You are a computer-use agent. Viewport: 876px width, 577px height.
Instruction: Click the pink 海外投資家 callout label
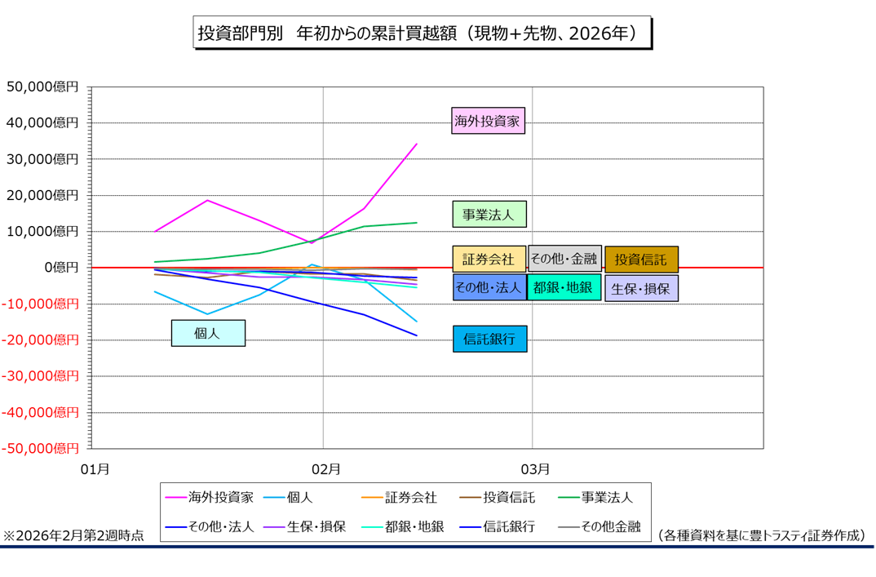pos(488,121)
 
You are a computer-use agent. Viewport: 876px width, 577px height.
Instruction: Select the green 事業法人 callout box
pos(489,214)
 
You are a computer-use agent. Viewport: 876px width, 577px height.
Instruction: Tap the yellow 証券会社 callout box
pos(489,259)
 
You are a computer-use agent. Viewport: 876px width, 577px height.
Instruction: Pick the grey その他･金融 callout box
pos(564,259)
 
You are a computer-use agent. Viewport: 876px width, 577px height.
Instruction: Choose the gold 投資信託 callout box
pos(641,260)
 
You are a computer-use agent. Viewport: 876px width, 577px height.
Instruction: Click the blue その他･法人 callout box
pos(489,287)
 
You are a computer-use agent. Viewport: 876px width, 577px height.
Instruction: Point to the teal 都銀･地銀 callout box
pos(564,287)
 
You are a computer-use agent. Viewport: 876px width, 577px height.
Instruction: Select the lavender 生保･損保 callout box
pos(641,288)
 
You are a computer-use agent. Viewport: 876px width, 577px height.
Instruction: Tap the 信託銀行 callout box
pos(489,339)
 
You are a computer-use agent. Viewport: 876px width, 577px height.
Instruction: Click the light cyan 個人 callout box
pos(208,333)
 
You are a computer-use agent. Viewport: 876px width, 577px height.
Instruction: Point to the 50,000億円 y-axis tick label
pos(42,87)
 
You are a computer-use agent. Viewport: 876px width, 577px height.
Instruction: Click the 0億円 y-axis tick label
pos(62,268)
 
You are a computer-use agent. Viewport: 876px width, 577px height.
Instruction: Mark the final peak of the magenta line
pos(417,144)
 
